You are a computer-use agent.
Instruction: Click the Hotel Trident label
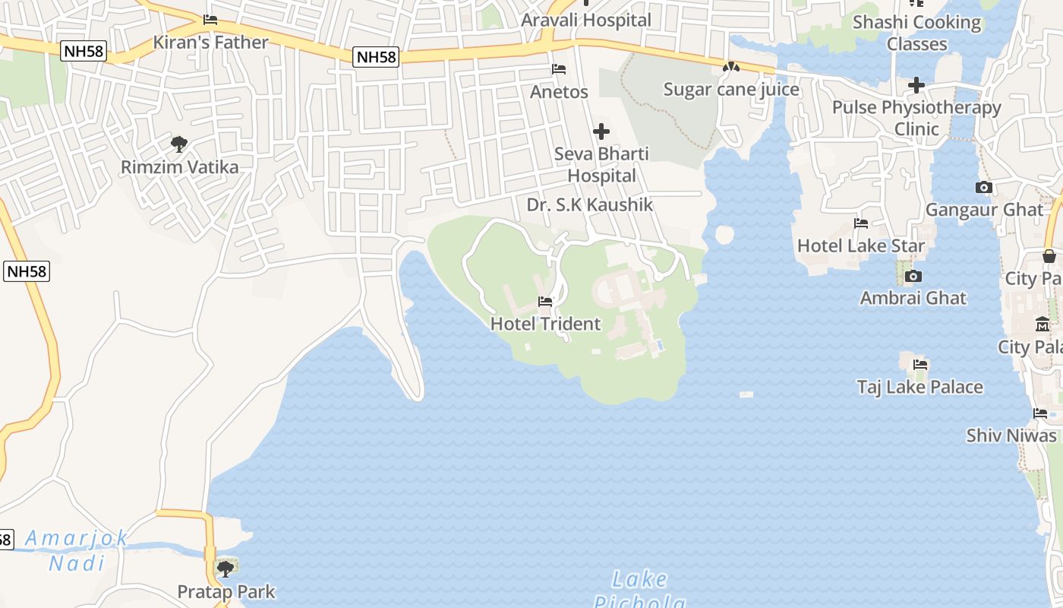545,324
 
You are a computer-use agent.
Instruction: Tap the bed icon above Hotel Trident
545,302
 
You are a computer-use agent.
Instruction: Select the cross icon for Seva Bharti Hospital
601,131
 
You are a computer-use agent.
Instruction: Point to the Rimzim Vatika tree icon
179,144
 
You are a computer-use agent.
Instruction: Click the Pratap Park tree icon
226,568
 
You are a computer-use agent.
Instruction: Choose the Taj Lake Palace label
919,387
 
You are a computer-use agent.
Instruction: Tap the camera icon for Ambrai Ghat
913,276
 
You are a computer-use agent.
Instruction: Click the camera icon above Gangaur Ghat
984,187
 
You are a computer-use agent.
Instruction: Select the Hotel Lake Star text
860,245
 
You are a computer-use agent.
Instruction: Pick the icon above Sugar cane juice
731,68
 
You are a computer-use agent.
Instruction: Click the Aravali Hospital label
586,20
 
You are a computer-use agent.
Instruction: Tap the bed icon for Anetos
559,69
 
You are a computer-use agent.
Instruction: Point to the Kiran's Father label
210,42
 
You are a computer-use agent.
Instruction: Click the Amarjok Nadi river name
77,550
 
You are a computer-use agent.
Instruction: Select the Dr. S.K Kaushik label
589,204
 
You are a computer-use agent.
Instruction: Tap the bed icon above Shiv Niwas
1040,413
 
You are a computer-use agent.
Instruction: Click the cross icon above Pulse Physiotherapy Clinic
916,84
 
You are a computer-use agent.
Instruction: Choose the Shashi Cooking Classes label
916,33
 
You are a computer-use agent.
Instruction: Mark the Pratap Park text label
226,591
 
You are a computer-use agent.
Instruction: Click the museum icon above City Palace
1042,324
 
